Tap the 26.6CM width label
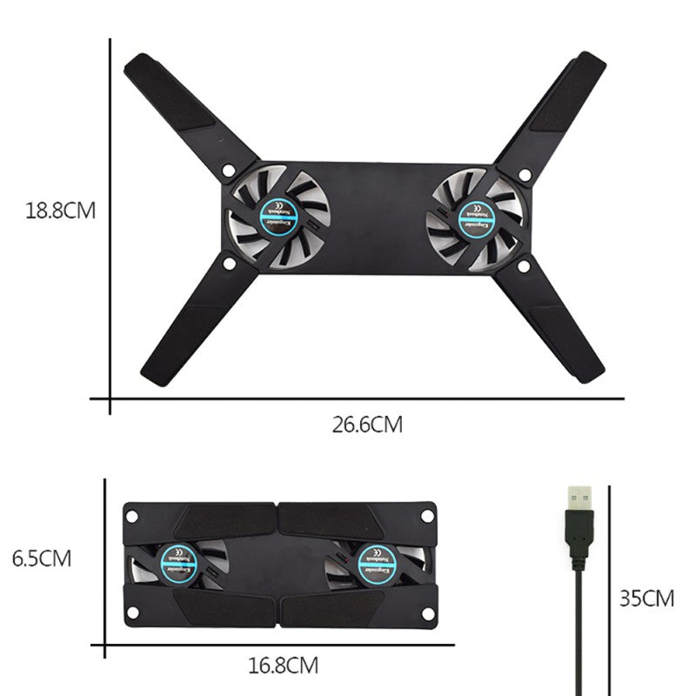point(367,425)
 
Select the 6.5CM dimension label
point(41,558)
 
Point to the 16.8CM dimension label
point(283,667)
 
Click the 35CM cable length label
point(646,599)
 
